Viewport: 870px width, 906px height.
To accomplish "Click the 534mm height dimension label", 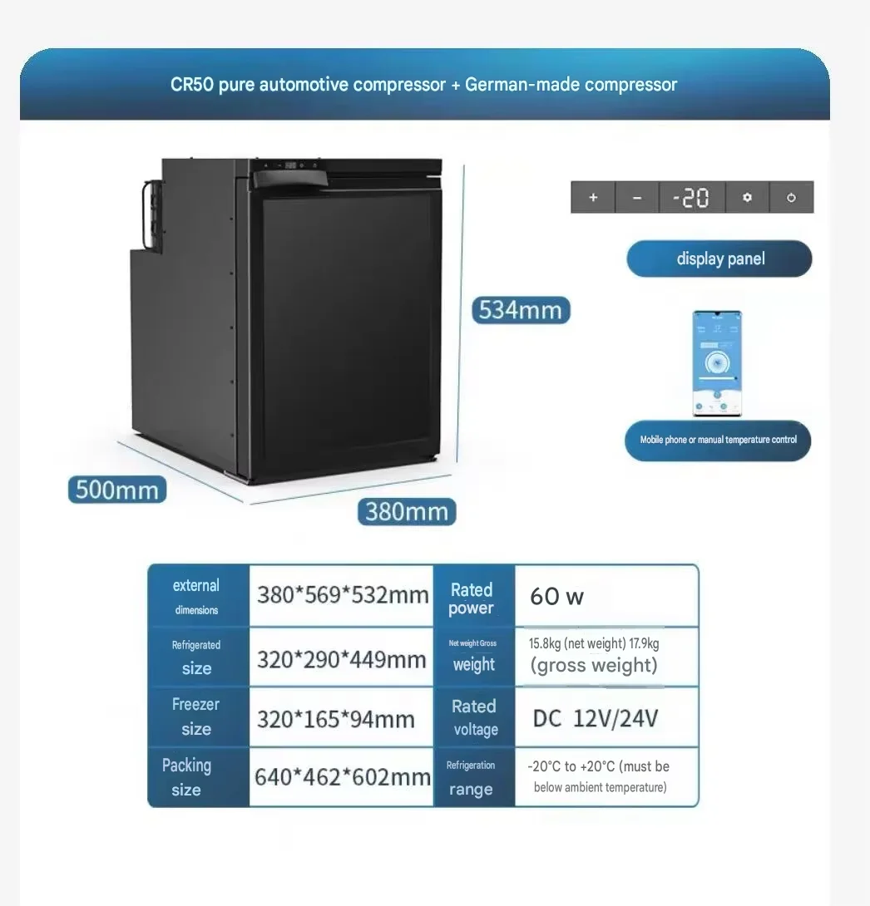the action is coord(521,310).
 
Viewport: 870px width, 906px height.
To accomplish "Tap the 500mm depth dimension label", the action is coord(117,490).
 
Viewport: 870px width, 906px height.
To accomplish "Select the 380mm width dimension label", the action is coord(407,512).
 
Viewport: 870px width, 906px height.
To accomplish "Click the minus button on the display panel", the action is coord(637,198).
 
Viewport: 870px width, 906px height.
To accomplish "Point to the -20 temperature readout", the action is coord(691,198).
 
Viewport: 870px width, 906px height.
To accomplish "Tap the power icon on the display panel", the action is coord(791,198).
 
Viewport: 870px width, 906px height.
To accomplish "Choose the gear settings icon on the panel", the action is coord(748,198).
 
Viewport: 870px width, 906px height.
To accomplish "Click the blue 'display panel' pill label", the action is coord(719,259).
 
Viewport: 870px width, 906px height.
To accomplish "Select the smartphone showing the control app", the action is coord(718,363).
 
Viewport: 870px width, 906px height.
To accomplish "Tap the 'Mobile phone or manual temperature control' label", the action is coord(718,441).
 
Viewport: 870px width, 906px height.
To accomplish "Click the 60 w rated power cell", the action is coord(606,596).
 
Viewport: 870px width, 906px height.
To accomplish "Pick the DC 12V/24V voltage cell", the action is coord(606,717).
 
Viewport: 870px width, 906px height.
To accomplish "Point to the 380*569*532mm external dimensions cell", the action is coord(342,596).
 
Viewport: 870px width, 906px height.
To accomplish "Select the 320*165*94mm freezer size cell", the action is coord(342,717).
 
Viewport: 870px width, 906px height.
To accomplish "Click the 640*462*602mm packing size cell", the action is coord(342,777).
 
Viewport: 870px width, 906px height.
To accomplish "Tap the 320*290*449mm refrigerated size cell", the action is coord(342,657).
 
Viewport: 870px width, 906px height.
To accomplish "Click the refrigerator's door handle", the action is coord(290,179).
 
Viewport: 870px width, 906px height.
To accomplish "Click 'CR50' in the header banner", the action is coord(192,85).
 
